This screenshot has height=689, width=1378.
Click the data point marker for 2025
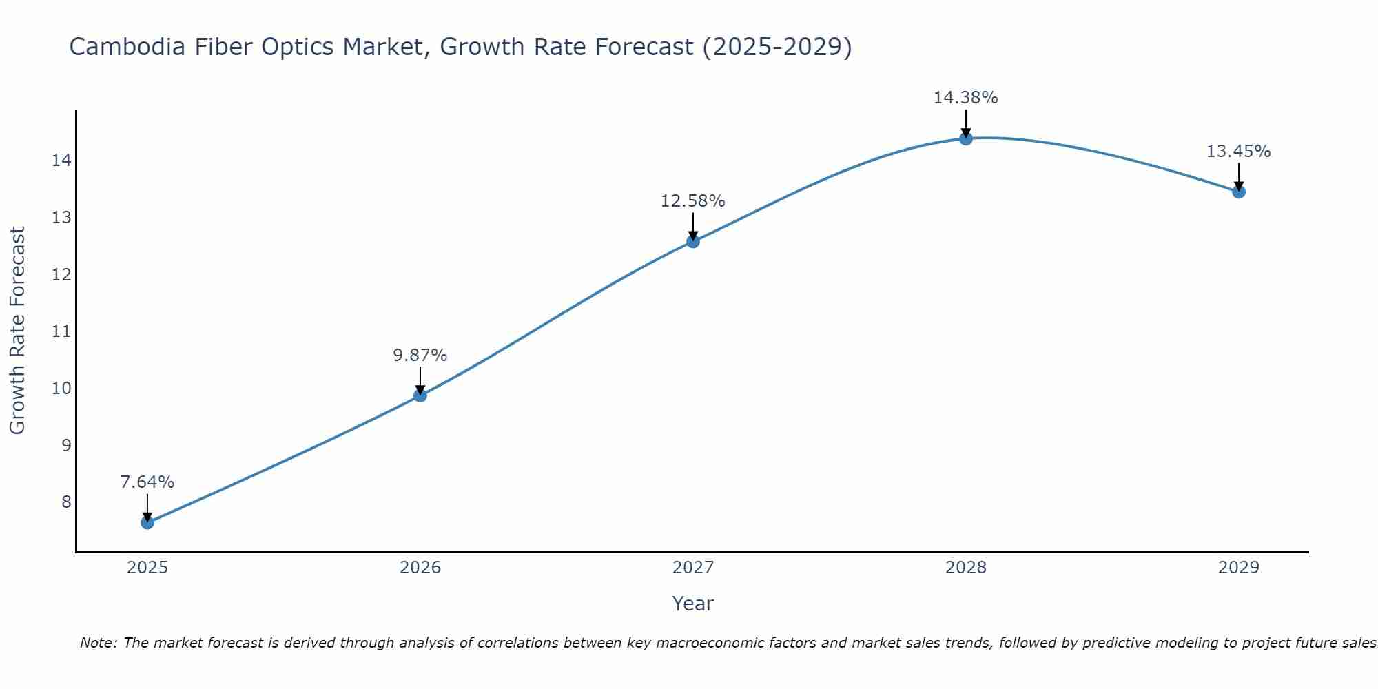[147, 522]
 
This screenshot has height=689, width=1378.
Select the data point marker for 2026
[420, 395]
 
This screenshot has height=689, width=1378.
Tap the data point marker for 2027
[693, 241]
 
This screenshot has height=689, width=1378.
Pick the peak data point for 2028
[966, 138]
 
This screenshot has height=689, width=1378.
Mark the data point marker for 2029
[1239, 192]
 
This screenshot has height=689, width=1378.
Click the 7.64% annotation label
[147, 482]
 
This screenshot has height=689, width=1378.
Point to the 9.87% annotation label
[420, 356]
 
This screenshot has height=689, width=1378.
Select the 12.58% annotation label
[693, 201]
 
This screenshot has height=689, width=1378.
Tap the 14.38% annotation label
[966, 98]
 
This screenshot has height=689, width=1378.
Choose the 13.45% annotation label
[1239, 152]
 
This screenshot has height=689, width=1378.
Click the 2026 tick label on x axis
[420, 568]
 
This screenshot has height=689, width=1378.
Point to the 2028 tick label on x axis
[966, 568]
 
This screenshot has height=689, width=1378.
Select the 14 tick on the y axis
[61, 161]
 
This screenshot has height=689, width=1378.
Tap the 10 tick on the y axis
[61, 388]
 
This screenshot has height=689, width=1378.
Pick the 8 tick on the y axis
[66, 502]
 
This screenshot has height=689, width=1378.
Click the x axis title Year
[693, 604]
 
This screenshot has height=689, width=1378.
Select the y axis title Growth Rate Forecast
[18, 331]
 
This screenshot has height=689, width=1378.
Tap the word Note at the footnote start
[99, 643]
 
